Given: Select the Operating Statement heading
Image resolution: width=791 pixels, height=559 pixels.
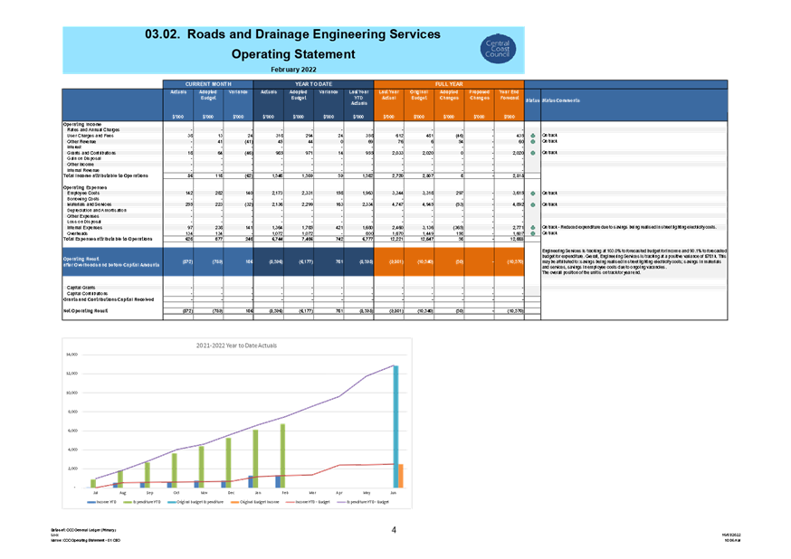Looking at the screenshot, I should point(292,54).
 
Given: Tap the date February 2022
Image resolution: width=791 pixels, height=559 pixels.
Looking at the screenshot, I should point(292,69).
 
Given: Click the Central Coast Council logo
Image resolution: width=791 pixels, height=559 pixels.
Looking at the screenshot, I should point(498,49).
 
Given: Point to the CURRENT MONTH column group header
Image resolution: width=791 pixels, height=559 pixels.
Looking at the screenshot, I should point(208,83).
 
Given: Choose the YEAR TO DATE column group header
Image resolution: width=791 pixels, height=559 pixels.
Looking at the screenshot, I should point(313,83).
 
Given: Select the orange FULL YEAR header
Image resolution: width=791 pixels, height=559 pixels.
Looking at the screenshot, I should point(449,83).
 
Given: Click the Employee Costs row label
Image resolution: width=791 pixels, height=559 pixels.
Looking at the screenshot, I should point(84,194).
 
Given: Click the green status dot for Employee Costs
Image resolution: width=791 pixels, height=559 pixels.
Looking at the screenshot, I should point(533,194).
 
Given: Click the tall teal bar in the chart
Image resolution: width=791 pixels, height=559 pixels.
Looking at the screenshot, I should point(395,426).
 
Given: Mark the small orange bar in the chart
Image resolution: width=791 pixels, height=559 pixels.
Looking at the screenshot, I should point(401,476).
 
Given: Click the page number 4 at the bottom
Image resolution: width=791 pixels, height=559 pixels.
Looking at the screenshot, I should point(395,530).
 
